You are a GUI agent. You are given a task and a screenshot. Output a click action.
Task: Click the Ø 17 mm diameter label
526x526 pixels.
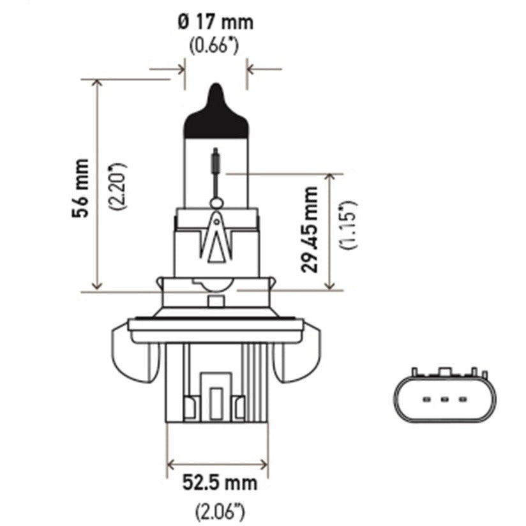(x=216, y=23)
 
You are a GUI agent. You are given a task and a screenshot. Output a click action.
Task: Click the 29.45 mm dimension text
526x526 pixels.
(x=311, y=229)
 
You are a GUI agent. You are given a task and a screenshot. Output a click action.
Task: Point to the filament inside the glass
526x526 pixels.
(x=216, y=162)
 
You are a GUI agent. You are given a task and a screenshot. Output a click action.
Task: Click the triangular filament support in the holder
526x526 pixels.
(x=216, y=239)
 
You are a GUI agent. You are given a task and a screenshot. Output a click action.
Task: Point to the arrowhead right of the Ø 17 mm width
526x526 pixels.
(x=251, y=66)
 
